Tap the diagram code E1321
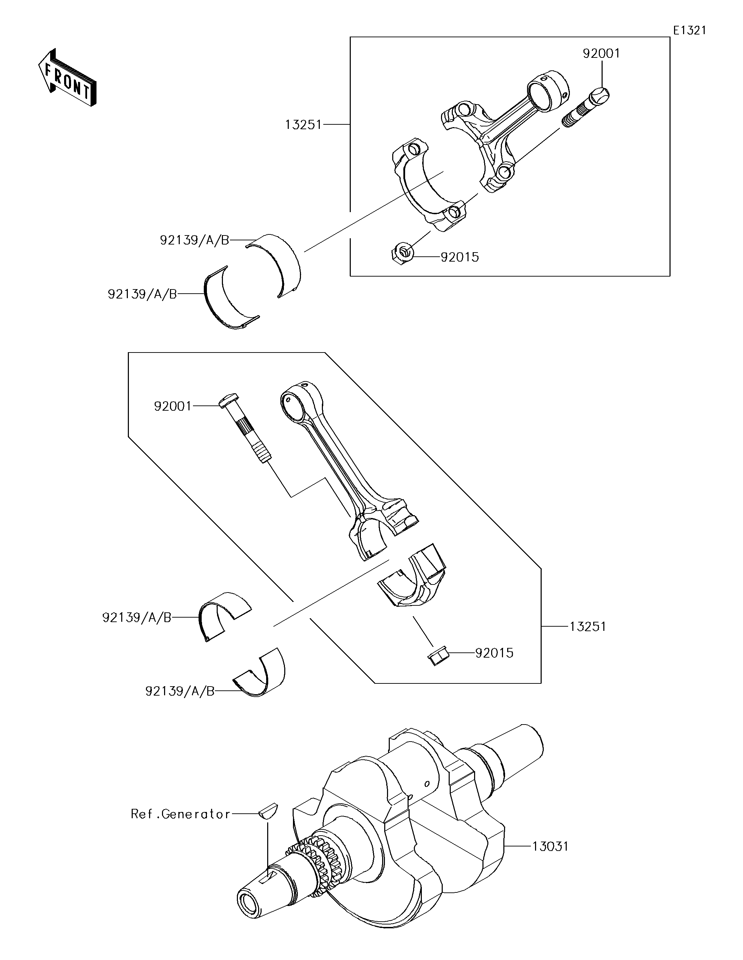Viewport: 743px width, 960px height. point(689,30)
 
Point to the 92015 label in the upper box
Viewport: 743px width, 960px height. point(459,257)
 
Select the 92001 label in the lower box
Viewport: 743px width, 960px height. point(173,406)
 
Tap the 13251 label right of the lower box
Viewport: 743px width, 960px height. point(588,627)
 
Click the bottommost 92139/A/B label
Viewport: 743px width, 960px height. point(180,691)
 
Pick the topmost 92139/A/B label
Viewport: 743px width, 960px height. point(194,240)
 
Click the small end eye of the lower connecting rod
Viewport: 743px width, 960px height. point(295,400)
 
